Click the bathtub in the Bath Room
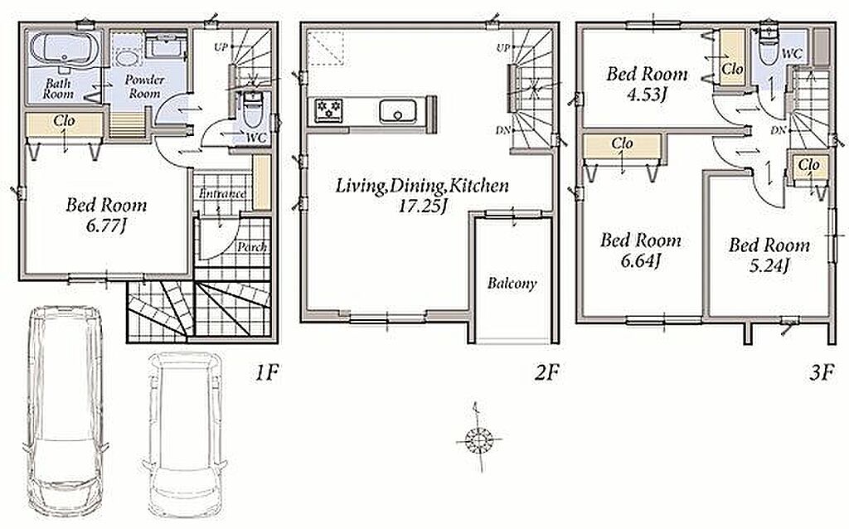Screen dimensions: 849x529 pos(65,50)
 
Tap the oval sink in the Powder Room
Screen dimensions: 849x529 pos(128,59)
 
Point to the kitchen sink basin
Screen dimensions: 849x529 pos(398,112)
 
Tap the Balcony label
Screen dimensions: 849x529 pos(512,284)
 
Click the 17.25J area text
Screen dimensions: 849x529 pos(422,206)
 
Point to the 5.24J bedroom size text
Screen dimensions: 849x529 pos(769,265)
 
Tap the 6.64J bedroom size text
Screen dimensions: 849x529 pos(641,261)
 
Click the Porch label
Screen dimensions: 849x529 pos(252,247)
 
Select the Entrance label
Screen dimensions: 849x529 pos(222,193)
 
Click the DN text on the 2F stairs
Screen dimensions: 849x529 pos(502,130)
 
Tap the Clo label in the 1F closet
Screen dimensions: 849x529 pos(64,120)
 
